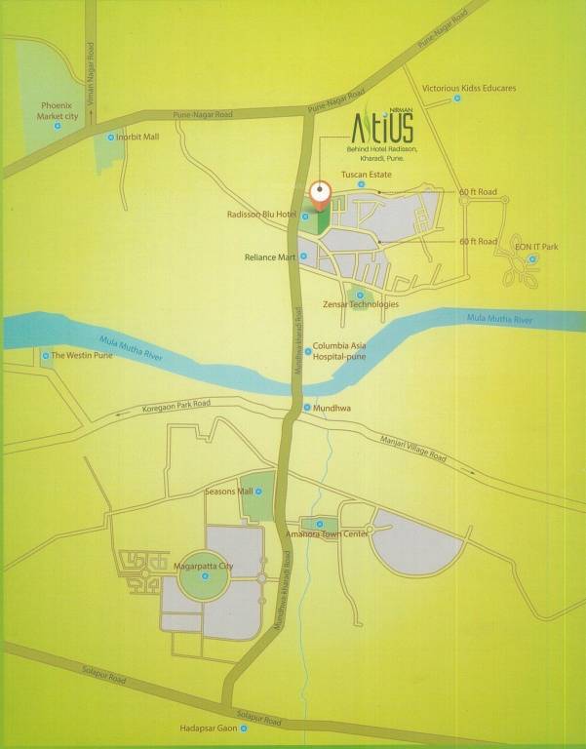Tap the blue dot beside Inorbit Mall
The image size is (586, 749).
(110, 138)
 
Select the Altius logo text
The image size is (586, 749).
(381, 127)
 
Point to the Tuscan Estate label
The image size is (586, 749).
(366, 175)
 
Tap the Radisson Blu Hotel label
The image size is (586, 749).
(260, 216)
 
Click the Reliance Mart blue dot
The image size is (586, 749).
(304, 256)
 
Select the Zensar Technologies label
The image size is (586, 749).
(361, 304)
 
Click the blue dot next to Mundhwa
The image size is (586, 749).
(307, 408)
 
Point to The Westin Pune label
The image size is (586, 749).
(83, 356)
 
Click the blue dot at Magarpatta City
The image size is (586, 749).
(206, 577)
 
